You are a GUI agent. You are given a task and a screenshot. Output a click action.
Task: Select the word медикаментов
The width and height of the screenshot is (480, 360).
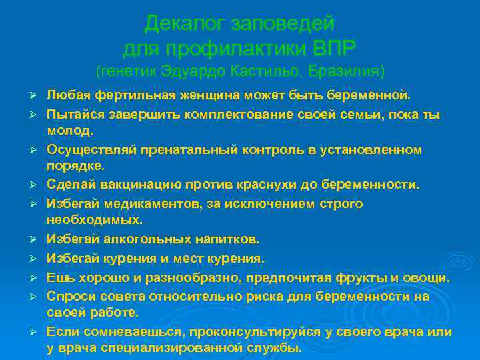point(141,203)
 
